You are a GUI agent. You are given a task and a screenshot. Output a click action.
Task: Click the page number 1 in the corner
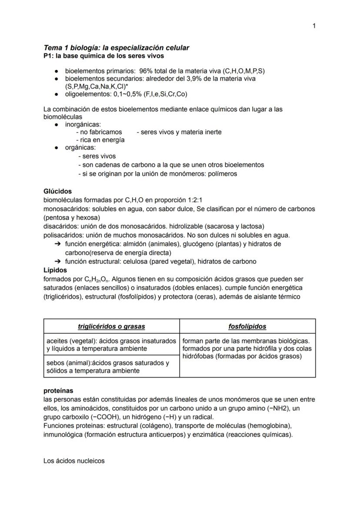314,26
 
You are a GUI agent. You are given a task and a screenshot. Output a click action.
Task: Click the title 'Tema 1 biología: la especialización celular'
116,48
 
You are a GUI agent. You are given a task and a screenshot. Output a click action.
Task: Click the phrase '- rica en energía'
100,140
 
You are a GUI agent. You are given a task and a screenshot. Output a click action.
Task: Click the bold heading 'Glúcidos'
58,191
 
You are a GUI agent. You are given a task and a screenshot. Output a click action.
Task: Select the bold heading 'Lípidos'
56,270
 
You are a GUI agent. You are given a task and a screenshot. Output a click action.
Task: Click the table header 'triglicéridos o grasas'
111,326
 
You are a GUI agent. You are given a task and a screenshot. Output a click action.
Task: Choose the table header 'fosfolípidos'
247,326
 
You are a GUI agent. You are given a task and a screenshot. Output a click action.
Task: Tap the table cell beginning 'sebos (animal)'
111,367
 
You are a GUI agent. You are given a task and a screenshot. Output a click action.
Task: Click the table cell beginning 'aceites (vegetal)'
111,345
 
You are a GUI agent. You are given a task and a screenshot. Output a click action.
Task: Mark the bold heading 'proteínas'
58,391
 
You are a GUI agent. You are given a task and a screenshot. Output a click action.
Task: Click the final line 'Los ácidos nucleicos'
74,461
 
